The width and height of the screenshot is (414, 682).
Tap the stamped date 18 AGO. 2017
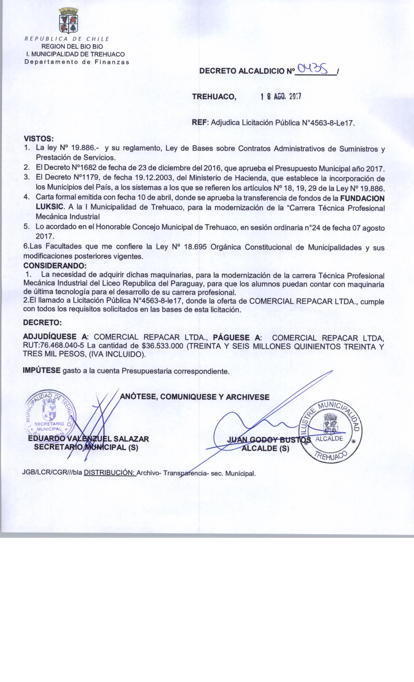click(x=281, y=97)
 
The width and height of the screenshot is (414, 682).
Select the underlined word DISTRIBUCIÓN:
click(x=109, y=473)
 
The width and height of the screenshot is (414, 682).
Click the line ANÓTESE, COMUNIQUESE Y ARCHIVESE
click(x=194, y=397)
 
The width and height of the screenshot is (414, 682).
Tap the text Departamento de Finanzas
click(x=77, y=62)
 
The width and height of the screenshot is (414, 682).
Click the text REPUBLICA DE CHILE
click(x=68, y=39)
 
